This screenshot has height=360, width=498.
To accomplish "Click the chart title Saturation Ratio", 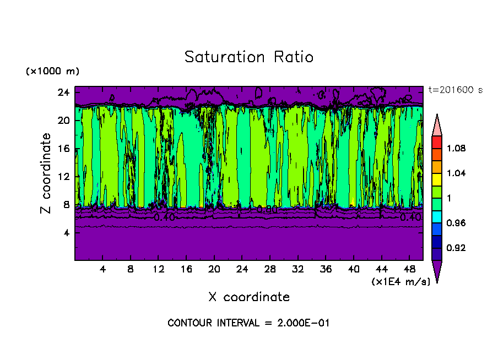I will point(249,57).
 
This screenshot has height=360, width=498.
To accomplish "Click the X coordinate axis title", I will point(249,297).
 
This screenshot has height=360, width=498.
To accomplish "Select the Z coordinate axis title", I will point(46,174).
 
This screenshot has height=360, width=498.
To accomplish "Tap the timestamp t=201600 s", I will point(455,90).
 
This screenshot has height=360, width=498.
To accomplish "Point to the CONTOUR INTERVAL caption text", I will point(248,323).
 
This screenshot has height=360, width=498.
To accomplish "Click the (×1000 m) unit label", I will point(52,72).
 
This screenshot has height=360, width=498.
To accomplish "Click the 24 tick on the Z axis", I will point(63,92).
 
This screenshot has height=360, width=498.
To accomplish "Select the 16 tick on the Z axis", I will point(63,149).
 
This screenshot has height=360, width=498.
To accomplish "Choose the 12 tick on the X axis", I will point(158,270).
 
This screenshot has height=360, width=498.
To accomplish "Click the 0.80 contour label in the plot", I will point(267,210).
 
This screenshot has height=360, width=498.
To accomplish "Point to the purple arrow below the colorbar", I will point(437,270).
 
